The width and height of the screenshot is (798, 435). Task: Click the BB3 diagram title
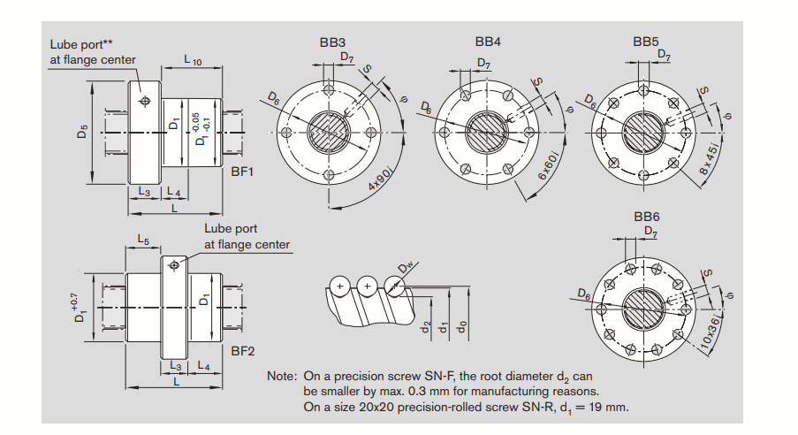pyautogui.click(x=332, y=42)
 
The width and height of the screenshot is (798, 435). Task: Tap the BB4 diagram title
pyautogui.click(x=488, y=42)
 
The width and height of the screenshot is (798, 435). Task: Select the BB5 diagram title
pyautogui.click(x=646, y=42)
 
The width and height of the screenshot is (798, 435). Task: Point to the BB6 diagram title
pyautogui.click(x=646, y=217)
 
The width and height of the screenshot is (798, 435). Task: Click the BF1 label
pyautogui.click(x=242, y=172)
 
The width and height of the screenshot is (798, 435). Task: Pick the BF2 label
pyautogui.click(x=242, y=351)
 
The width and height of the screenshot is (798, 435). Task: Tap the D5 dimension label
pyautogui.click(x=82, y=133)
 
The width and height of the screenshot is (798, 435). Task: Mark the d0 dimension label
pyautogui.click(x=462, y=324)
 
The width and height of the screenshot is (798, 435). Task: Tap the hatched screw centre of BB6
pyautogui.click(x=645, y=309)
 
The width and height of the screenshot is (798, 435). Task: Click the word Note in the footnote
pyautogui.click(x=282, y=376)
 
